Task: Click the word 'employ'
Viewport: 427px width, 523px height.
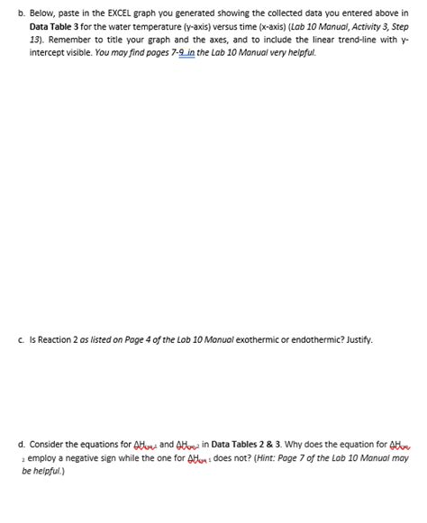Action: [42, 457]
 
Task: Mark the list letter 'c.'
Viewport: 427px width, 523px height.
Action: [21, 339]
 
